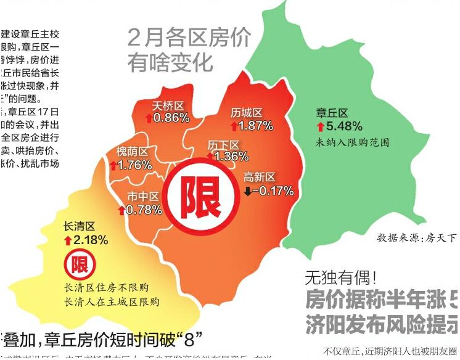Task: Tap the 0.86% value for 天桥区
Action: [171, 117]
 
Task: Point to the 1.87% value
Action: [255, 126]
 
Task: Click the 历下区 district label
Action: [223, 144]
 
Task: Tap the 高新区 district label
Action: [259, 178]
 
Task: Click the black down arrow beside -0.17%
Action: [248, 191]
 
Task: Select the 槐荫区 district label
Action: [132, 152]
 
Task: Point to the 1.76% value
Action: [134, 165]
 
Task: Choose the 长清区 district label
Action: [79, 226]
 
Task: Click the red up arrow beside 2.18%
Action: [68, 239]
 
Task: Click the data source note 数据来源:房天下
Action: [417, 237]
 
